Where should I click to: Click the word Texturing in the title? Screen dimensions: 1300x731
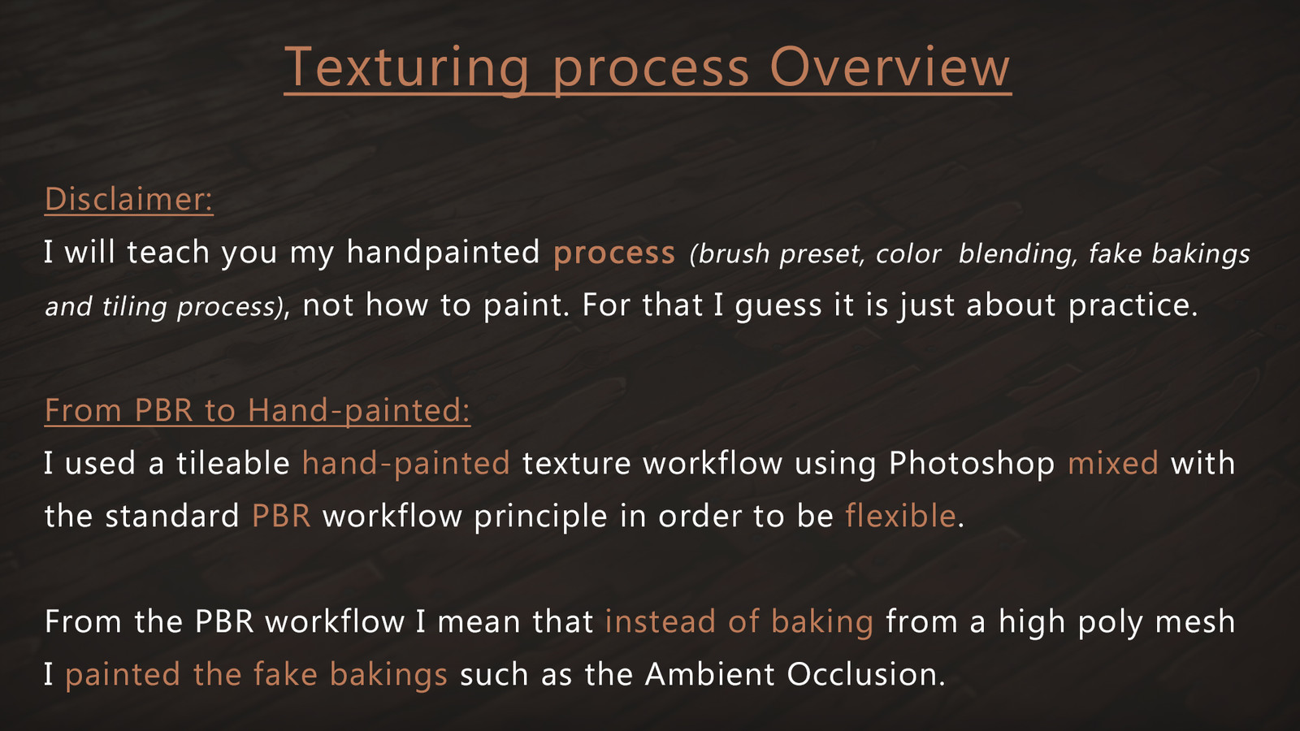(x=407, y=68)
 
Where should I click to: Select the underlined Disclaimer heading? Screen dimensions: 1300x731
(x=129, y=199)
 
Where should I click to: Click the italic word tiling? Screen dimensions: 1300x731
(x=134, y=306)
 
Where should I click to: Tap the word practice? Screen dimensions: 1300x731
(x=1133, y=305)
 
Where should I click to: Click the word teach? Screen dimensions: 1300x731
(x=168, y=252)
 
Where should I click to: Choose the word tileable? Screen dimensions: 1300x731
(x=232, y=463)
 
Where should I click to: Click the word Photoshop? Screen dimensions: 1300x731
(x=972, y=464)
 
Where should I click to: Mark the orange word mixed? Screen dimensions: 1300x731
(x=1112, y=463)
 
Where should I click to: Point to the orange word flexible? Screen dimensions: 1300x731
(x=900, y=515)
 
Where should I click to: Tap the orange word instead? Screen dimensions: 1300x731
(x=661, y=621)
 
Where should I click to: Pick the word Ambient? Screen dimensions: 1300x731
(x=709, y=674)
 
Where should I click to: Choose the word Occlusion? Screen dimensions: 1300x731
(x=866, y=674)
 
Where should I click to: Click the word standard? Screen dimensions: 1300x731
(x=171, y=516)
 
